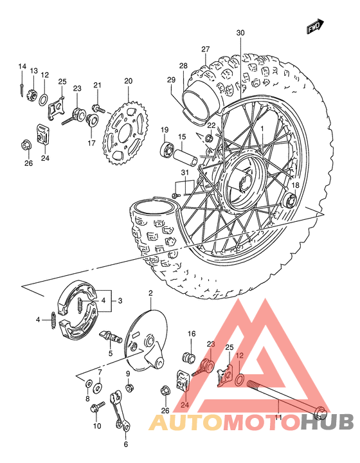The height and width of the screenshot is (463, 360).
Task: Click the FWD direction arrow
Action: click(x=314, y=26)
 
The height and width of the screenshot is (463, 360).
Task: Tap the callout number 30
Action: click(x=240, y=33)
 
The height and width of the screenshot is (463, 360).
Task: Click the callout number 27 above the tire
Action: click(x=205, y=50)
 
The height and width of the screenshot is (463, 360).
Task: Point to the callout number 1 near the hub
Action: click(x=262, y=129)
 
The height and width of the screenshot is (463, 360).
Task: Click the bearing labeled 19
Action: click(x=165, y=152)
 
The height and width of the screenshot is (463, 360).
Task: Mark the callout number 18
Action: click(x=296, y=185)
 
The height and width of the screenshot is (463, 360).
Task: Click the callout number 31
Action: click(x=185, y=172)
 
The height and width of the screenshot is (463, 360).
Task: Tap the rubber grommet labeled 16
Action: click(x=189, y=356)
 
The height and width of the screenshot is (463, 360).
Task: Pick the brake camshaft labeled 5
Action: click(x=111, y=336)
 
